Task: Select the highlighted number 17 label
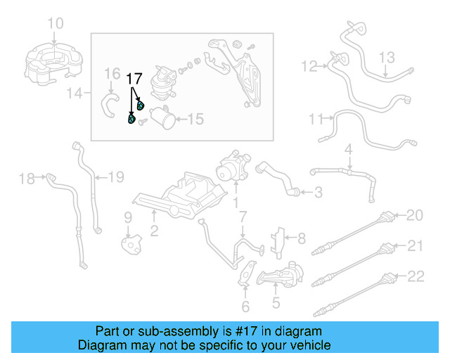point(134,78)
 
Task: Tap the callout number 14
point(79,92)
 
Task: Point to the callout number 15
point(195,120)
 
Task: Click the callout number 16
point(112,75)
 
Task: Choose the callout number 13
point(388,57)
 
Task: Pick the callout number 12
point(309,67)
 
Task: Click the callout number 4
point(347,150)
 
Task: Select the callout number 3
point(318,192)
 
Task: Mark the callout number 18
point(26,179)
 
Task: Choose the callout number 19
point(115,176)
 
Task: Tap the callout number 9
point(128,217)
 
